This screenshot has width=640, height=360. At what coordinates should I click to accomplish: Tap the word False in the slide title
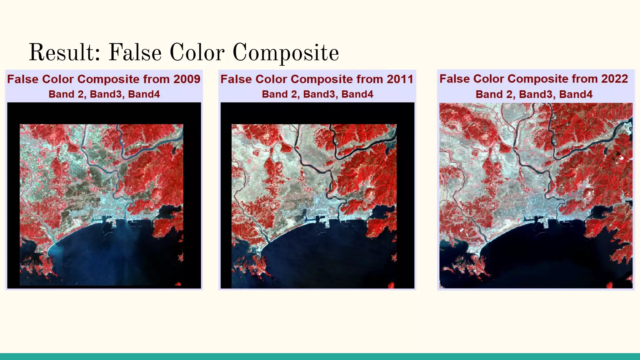(x=135, y=52)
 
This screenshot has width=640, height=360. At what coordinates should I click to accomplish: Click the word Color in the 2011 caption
(x=272, y=79)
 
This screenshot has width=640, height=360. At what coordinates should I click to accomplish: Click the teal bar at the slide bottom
(x=320, y=357)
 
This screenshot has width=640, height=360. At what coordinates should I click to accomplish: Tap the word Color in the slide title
(x=197, y=52)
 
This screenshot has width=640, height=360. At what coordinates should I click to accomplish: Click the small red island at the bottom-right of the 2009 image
(x=178, y=284)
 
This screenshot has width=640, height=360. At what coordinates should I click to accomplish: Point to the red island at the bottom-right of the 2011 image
(x=391, y=285)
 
